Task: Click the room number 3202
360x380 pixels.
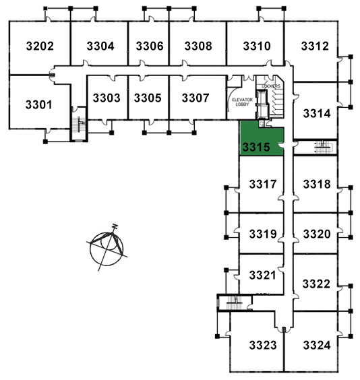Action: tap(40, 46)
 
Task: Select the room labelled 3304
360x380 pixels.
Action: tap(100, 46)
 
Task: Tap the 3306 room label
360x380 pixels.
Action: tap(150, 46)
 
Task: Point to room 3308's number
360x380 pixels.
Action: tap(198, 46)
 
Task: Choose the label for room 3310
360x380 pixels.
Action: tap(257, 46)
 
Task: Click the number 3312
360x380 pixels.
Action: tap(315, 46)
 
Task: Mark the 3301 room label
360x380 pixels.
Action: tap(39, 104)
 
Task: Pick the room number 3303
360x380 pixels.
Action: tap(107, 98)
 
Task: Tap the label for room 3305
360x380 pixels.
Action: tap(148, 98)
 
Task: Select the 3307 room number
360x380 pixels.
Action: tap(196, 98)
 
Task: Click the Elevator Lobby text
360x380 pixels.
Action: tap(243, 102)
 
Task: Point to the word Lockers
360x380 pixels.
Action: tap(271, 86)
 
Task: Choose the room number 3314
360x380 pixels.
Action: tap(317, 113)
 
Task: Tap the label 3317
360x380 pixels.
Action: tap(263, 184)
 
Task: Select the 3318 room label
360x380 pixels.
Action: tap(317, 184)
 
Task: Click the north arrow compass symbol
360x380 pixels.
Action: tap(107, 248)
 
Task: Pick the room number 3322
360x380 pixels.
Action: tap(316, 284)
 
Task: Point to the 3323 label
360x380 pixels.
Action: tap(263, 345)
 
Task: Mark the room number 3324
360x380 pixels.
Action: tap(317, 345)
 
